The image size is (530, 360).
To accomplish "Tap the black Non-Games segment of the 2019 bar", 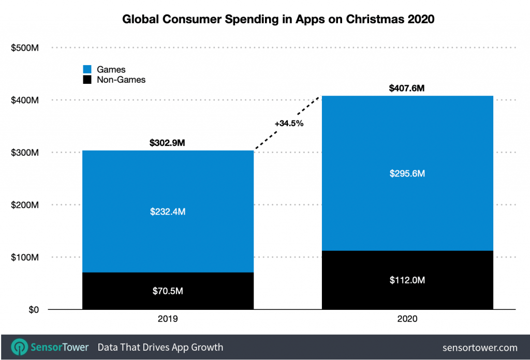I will (x=168, y=300).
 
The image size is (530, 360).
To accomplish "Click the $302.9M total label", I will (x=168, y=142).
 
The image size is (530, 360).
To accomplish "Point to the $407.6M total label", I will (x=407, y=88).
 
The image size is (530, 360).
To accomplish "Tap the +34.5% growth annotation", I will (x=289, y=124).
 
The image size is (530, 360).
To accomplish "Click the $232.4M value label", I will (x=168, y=212).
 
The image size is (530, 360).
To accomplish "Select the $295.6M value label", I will (x=407, y=174).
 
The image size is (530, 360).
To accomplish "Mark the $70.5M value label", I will (x=168, y=291).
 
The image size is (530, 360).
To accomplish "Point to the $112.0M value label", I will (x=407, y=280).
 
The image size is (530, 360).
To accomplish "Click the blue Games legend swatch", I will (x=87, y=69).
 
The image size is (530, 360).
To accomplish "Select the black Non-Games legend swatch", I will (x=87, y=80).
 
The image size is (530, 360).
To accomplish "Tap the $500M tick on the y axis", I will (x=25, y=48).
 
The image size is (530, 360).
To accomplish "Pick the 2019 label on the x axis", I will (x=168, y=319).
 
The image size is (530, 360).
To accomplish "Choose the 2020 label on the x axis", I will (x=407, y=319).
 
